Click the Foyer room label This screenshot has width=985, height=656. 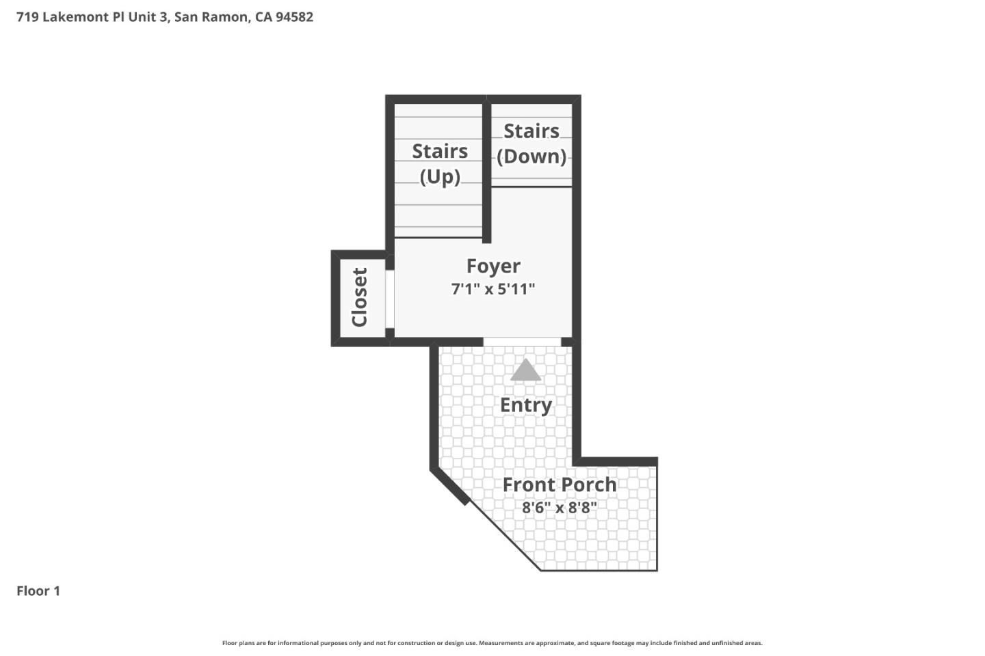click(493, 266)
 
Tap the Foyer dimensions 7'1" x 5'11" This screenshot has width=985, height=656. click(493, 289)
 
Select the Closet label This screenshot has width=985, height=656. click(360, 297)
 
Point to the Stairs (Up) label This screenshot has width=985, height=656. click(440, 163)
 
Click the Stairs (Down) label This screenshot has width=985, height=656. click(531, 143)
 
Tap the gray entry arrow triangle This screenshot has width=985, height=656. click(525, 370)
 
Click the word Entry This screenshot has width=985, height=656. click(525, 405)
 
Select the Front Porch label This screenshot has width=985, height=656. click(560, 484)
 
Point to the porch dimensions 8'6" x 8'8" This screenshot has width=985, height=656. click(560, 508)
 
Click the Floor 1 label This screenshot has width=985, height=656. click(38, 591)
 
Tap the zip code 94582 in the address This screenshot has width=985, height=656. click(294, 17)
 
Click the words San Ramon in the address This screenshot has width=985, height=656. click(211, 17)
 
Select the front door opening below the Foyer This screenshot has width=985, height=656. click(522, 342)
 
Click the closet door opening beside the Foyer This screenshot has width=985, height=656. click(389, 299)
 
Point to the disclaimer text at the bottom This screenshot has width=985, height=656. click(492, 643)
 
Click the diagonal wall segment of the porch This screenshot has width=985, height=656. click(450, 486)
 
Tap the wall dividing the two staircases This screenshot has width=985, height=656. click(486, 171)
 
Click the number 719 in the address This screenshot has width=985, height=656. click(27, 17)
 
